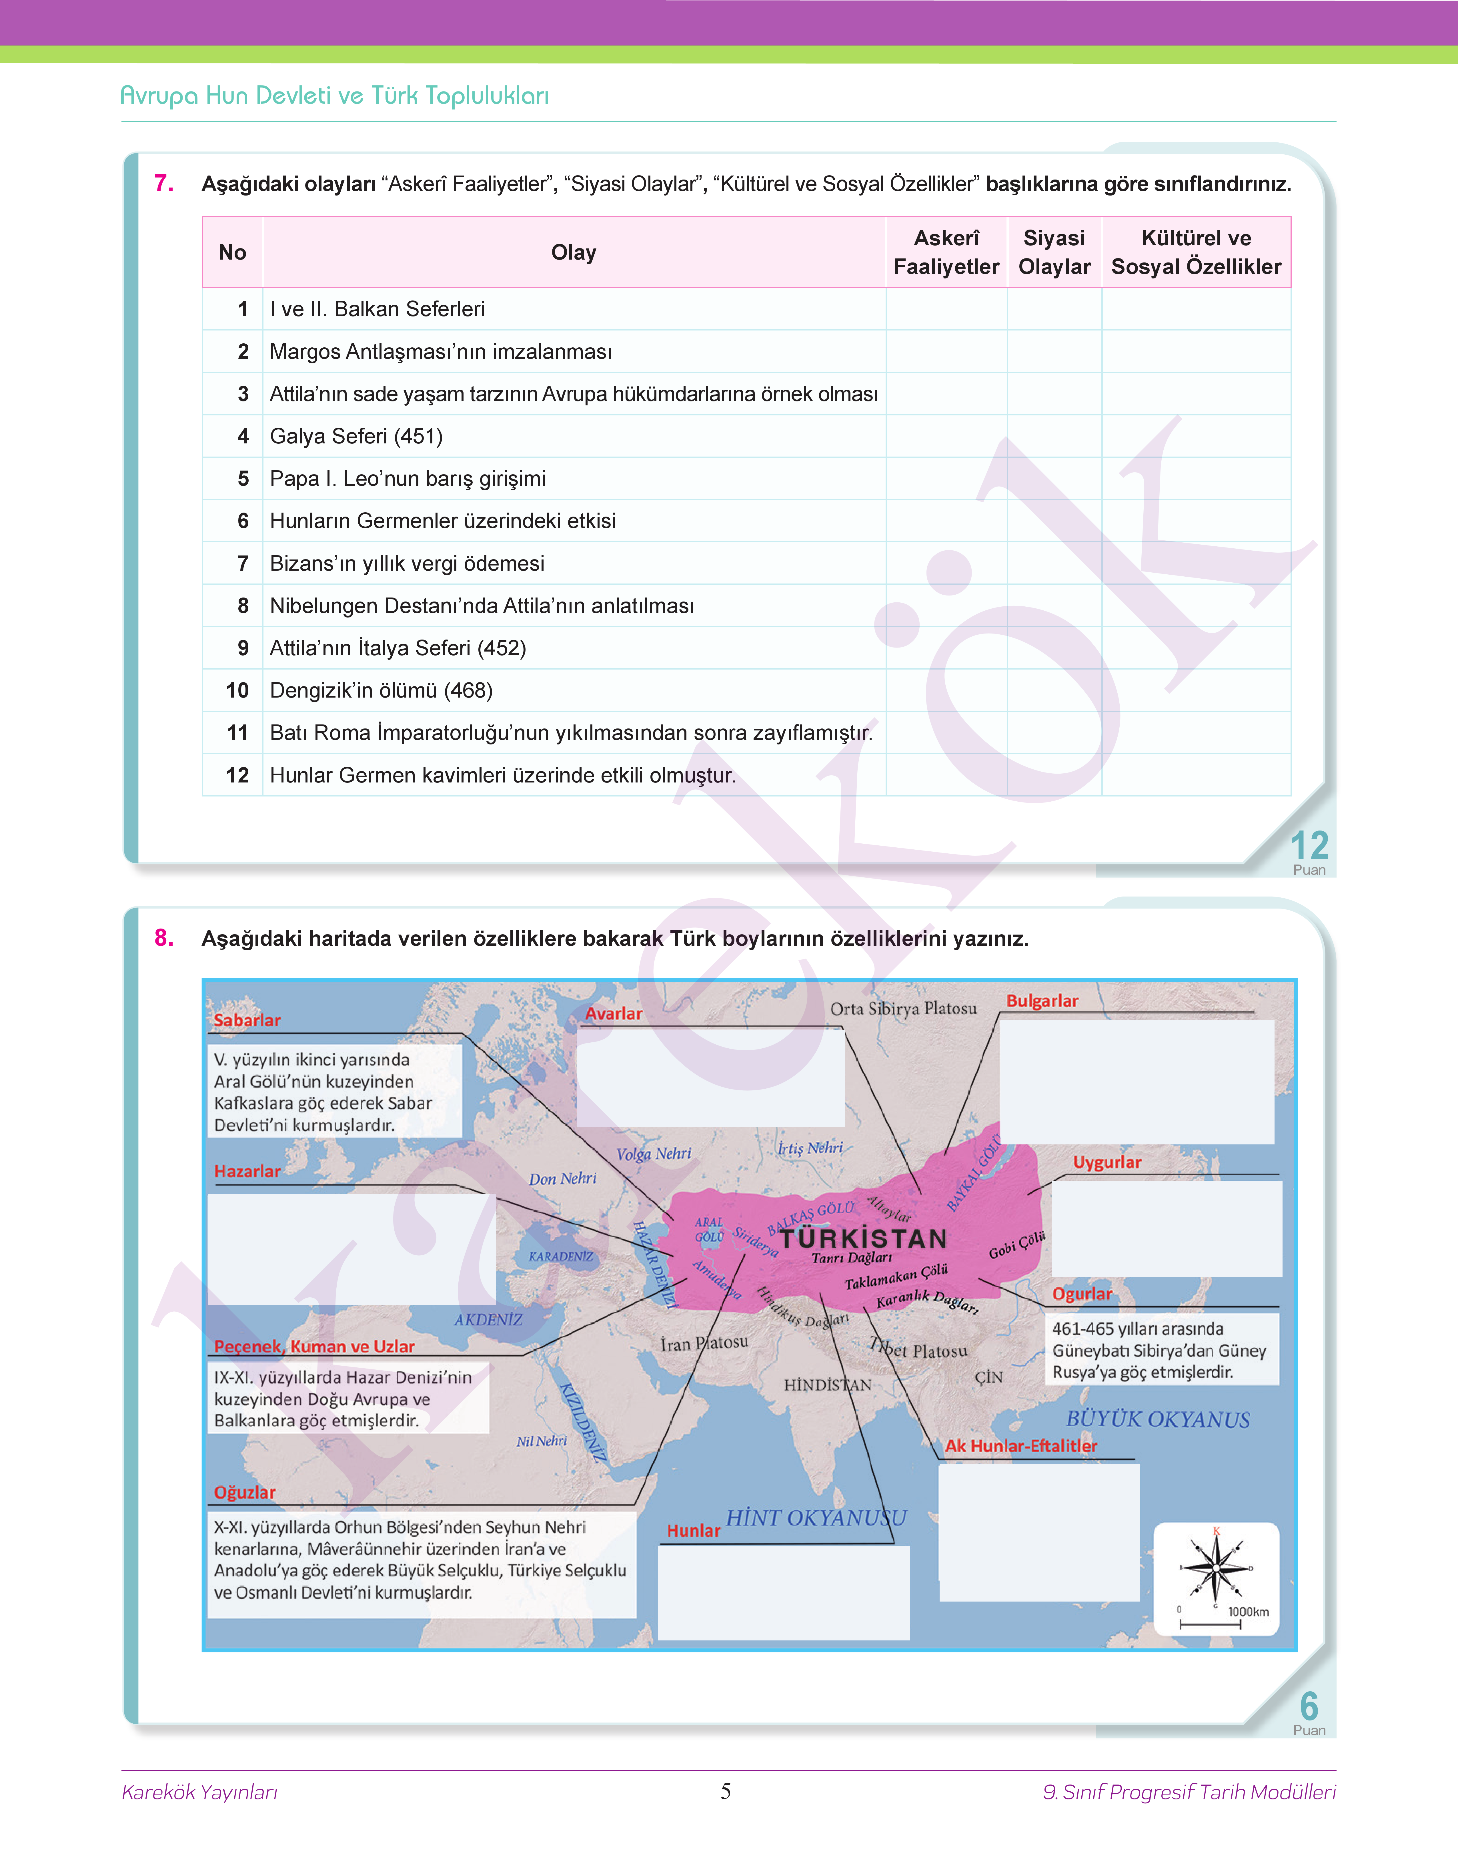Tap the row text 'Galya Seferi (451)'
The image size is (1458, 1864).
(356, 436)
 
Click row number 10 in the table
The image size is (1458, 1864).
(237, 690)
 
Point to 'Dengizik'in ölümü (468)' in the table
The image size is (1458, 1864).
(381, 690)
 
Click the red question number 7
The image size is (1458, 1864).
(164, 183)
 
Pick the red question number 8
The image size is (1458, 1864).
(164, 937)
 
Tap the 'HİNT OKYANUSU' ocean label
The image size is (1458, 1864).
(815, 1517)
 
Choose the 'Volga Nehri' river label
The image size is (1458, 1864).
(654, 1154)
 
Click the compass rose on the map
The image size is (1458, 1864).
(1216, 1568)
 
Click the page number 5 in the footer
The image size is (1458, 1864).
(726, 1791)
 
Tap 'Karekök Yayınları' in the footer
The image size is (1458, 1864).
(200, 1791)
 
